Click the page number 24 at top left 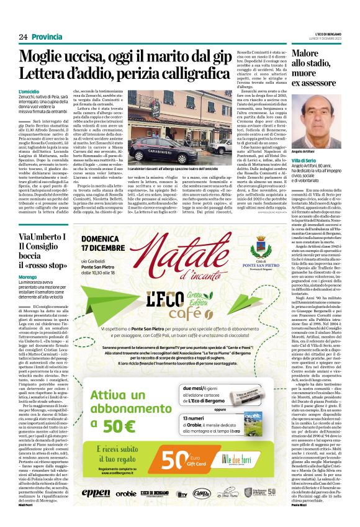click(23, 37)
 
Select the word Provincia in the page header click(48, 37)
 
